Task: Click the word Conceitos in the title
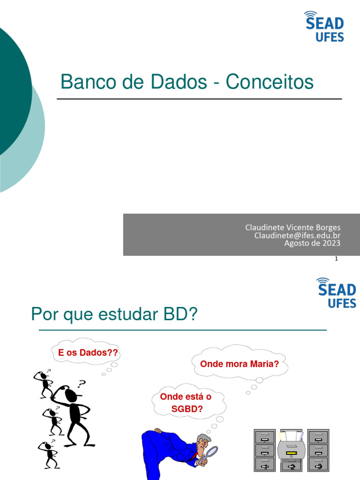coord(270,82)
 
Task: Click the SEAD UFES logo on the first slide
coord(324,27)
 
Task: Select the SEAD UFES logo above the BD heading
coord(336,293)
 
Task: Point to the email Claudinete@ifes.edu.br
coord(297,235)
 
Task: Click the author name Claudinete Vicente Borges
coord(292,227)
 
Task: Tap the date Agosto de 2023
coord(312,243)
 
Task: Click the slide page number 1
coord(337,259)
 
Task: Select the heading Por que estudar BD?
coord(115,315)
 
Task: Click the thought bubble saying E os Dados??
coord(88,353)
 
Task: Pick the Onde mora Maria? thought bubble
coord(239,363)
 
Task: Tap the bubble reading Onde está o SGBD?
coord(186,402)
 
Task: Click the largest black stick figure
coord(74,412)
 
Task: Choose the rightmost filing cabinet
coord(318,450)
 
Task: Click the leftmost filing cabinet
coord(265,450)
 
